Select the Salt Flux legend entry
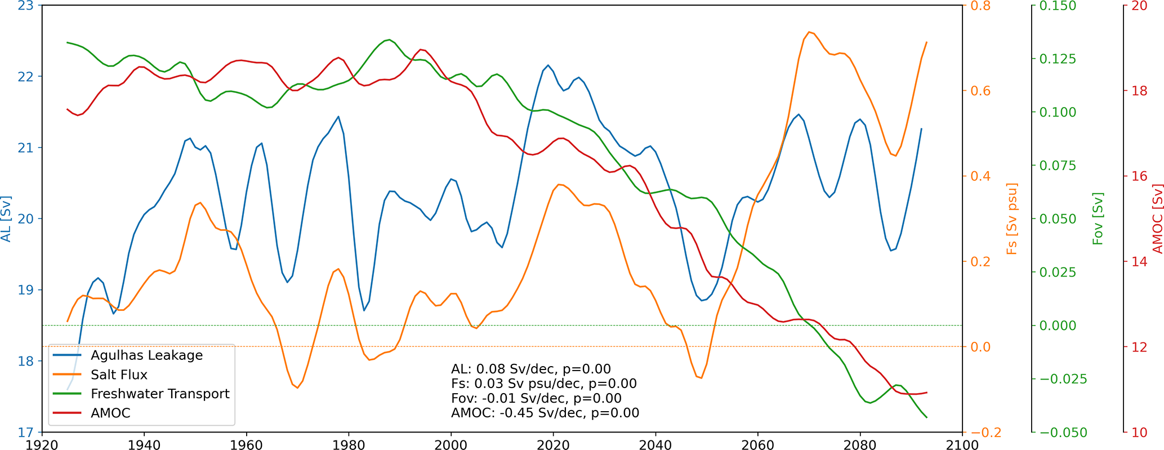point(119,375)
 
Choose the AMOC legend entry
point(110,413)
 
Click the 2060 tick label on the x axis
point(757,445)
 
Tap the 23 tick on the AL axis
point(26,6)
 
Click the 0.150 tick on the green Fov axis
point(1057,6)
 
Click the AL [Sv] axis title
point(6,219)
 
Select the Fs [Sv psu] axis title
point(1012,219)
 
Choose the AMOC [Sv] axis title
point(1157,219)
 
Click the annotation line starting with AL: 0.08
point(530,369)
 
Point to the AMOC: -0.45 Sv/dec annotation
point(545,413)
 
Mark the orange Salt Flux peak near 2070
point(809,32)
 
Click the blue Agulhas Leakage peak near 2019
point(548,65)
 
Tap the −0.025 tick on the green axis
point(1063,379)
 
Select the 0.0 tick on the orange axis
point(978,347)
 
